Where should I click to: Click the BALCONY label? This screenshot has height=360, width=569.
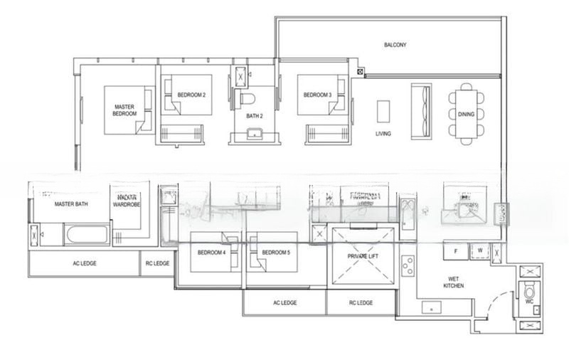click(395, 45)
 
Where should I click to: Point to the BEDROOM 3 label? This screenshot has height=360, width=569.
click(317, 95)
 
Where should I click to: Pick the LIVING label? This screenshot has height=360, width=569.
click(384, 134)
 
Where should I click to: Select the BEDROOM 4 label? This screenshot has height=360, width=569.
click(211, 253)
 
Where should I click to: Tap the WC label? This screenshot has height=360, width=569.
click(528, 301)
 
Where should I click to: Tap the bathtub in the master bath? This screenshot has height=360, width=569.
click(87, 234)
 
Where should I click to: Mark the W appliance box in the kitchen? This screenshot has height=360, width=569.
click(480, 250)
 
